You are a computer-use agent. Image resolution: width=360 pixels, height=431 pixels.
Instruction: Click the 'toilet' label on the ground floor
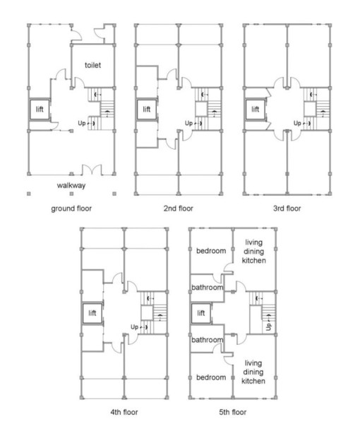[x=93, y=65]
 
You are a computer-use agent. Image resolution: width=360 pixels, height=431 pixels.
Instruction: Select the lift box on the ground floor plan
[x=39, y=110]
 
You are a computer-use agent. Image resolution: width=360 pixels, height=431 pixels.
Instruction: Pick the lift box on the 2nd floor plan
[x=147, y=110]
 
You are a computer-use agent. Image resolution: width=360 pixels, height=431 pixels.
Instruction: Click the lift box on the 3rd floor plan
[x=255, y=110]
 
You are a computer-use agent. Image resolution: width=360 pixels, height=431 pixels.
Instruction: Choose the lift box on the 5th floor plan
[x=201, y=312]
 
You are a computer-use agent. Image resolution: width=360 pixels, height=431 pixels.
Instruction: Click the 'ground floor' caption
[x=71, y=209]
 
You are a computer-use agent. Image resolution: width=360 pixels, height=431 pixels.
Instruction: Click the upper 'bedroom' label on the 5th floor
[x=210, y=252]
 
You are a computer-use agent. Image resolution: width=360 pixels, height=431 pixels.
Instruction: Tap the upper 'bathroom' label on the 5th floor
[x=207, y=288]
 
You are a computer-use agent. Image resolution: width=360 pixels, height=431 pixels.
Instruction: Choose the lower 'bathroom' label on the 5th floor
[x=207, y=339]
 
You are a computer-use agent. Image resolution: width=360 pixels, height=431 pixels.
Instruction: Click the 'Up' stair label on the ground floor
[x=82, y=123]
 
